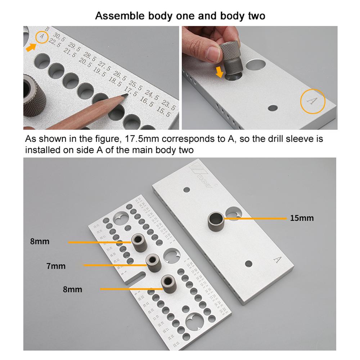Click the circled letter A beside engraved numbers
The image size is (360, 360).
click(42, 36)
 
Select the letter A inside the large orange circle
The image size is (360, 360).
click(312, 101)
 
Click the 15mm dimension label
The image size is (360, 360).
click(302, 218)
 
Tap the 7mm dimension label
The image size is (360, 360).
click(56, 266)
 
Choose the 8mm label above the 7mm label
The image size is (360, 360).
click(40, 242)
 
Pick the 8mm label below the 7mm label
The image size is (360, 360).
click(72, 289)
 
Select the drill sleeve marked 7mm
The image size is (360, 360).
click(153, 264)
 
